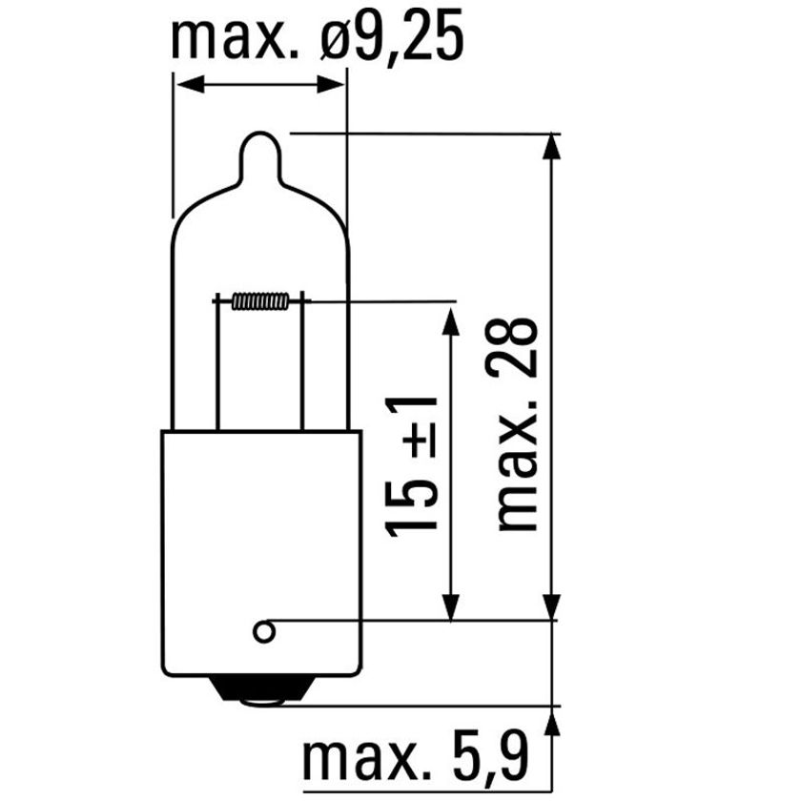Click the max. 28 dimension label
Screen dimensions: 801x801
520,425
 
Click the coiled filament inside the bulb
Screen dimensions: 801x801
259,302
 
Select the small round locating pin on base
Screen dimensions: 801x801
263,631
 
